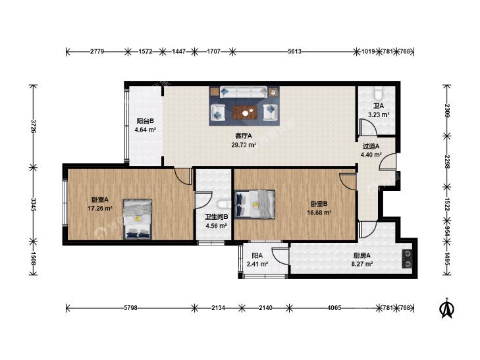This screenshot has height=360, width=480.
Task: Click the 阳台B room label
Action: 145,121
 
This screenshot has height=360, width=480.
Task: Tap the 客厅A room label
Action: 244,136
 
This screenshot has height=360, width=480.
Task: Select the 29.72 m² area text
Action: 244,145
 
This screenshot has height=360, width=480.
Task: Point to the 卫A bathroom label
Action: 379,106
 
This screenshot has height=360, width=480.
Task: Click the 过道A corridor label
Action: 371,146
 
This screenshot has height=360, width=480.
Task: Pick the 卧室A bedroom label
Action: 100,199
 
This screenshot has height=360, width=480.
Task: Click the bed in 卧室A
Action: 138,219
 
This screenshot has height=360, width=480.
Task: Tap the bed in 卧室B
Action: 255,204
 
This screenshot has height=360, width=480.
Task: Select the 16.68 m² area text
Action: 319,213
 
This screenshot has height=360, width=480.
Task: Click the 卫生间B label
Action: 217,217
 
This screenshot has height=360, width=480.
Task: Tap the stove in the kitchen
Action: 408,259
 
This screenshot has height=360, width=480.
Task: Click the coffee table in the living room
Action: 244,113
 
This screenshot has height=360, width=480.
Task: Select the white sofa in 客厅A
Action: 244,91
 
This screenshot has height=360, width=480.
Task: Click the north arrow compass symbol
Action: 446,308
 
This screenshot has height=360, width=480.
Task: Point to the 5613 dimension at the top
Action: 294,51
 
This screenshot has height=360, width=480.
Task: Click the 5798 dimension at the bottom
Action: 130,308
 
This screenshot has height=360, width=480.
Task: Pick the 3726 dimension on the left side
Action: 33,126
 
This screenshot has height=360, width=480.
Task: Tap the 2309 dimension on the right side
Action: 447,111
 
